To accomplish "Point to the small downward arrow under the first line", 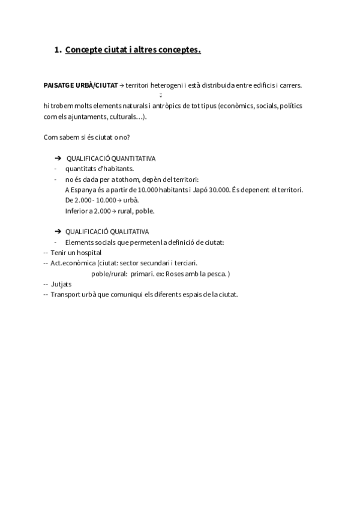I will click(161, 95).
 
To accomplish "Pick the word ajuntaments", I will click(87, 116).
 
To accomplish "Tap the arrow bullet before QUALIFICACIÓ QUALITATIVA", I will click(58, 231).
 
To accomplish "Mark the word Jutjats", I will click(61, 284).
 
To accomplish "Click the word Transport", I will click(65, 294).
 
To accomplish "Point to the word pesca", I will click(218, 274).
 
